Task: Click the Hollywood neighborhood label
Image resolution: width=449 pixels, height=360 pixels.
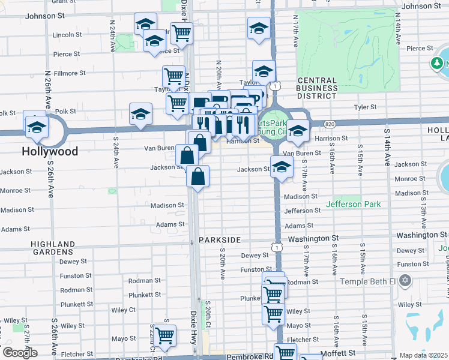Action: (x=50, y=151)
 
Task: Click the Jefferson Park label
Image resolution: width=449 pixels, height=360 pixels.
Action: (x=353, y=204)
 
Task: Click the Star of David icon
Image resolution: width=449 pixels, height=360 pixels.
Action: (x=405, y=280)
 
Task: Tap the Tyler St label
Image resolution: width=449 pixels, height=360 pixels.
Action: (x=364, y=107)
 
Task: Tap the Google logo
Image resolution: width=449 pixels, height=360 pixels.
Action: (x=20, y=352)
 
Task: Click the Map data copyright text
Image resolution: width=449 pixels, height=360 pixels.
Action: (x=424, y=355)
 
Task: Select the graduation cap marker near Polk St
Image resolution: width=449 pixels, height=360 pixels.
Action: (x=140, y=113)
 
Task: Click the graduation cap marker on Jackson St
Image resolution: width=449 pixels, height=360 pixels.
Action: (x=281, y=166)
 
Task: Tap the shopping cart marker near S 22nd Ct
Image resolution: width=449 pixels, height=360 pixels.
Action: (x=164, y=335)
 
